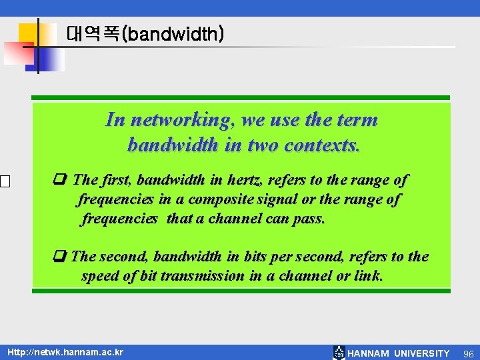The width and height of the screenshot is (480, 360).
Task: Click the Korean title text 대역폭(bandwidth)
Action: pyautogui.click(x=145, y=34)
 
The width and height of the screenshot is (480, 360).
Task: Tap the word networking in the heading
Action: pyautogui.click(x=181, y=120)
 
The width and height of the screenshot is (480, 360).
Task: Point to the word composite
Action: pyautogui.click(x=221, y=199)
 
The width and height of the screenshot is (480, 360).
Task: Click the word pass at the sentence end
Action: pyautogui.click(x=308, y=219)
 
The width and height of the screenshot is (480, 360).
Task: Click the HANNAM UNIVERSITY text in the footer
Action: pyautogui.click(x=399, y=353)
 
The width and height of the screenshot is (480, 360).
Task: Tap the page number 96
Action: pyautogui.click(x=468, y=353)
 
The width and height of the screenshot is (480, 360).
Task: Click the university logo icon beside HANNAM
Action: pyautogui.click(x=339, y=353)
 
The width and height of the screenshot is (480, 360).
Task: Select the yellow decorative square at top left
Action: pyautogui.click(x=28, y=33)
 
